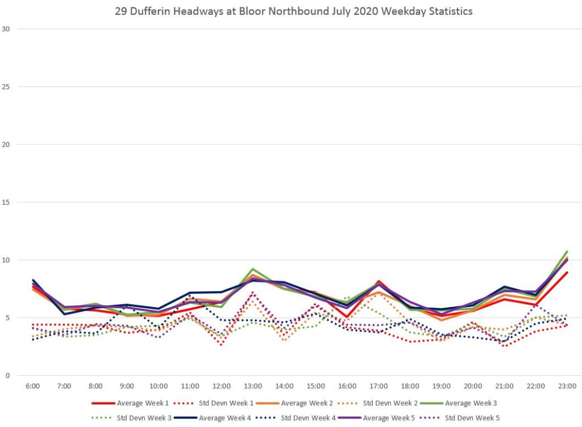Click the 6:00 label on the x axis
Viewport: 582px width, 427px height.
click(32, 386)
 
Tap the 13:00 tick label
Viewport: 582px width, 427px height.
click(253, 386)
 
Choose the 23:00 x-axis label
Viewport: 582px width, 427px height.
click(567, 386)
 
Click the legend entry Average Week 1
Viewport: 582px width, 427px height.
click(143, 403)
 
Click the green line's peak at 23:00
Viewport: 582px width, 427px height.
click(567, 251)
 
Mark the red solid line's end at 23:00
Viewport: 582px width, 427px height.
click(567, 272)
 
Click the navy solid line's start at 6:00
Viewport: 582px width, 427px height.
click(32, 280)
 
